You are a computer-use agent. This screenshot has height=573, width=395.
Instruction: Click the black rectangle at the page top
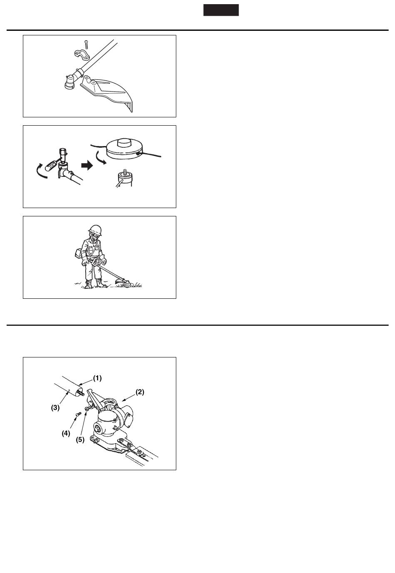[221, 10]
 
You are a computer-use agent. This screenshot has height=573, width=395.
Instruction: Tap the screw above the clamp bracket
[86, 45]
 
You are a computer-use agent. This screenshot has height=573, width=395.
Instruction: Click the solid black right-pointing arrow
[87, 166]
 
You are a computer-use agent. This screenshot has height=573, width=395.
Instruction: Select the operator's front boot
[101, 283]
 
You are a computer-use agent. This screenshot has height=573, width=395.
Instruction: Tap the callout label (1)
[97, 378]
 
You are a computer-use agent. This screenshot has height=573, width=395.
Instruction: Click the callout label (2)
[140, 392]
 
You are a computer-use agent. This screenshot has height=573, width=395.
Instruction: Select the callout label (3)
[55, 407]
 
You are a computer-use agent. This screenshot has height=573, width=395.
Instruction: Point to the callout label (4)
[66, 433]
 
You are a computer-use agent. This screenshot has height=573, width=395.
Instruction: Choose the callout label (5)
[80, 439]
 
